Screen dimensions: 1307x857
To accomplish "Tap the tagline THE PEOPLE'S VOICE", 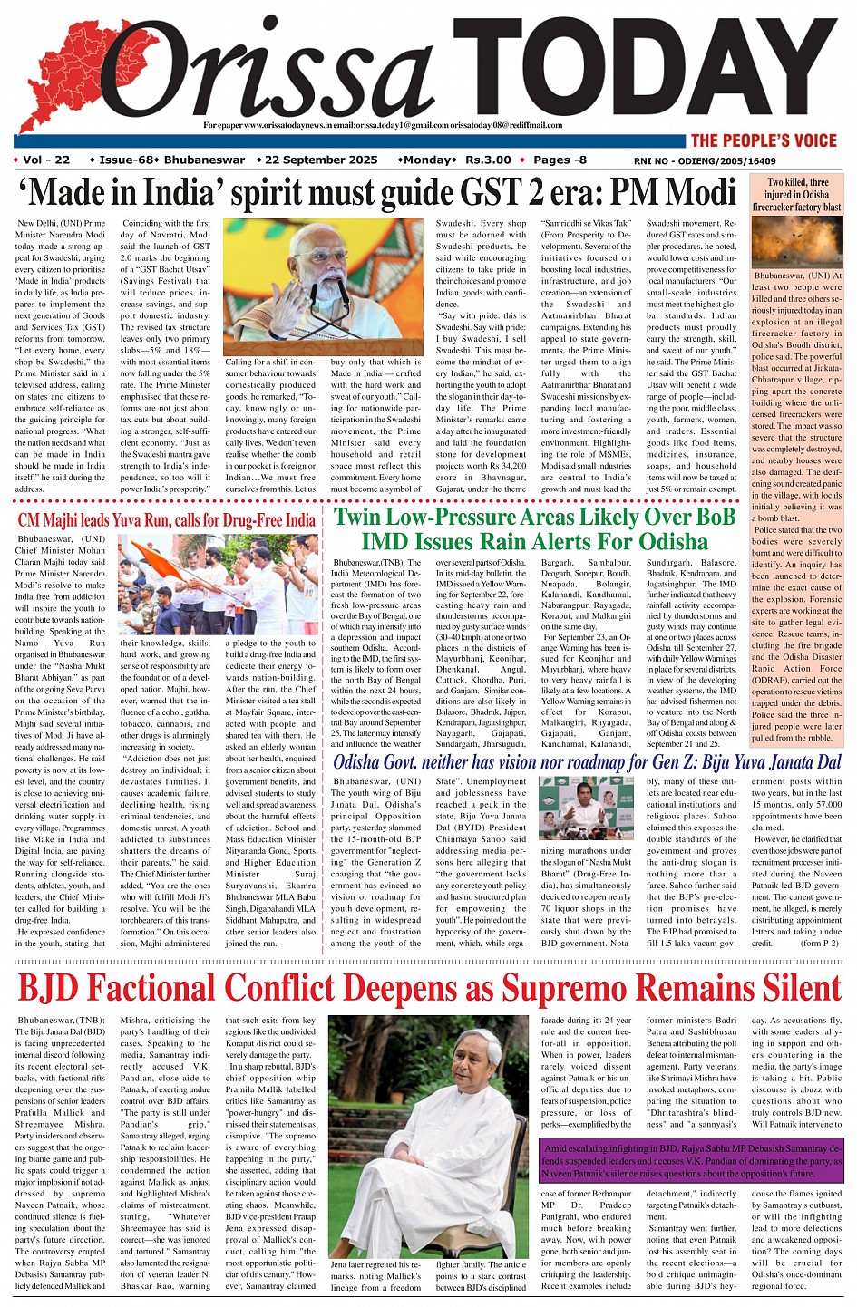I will pos(764,140).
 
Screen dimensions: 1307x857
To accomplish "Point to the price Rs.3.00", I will pos(488,160).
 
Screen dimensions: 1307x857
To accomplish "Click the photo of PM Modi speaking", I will pos(323,286).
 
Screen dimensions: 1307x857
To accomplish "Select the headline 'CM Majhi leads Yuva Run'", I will pos(166,520).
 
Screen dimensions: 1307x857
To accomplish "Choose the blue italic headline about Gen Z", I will pos(587,762).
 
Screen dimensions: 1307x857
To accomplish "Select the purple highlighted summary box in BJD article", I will pos(691,1161).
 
